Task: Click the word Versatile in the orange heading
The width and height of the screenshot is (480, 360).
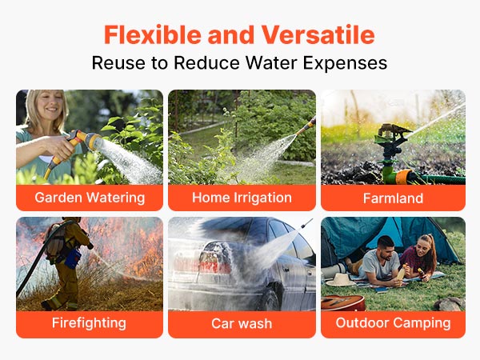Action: tap(318, 34)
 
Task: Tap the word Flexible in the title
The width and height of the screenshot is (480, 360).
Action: tap(152, 34)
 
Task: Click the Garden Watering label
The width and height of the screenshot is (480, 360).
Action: tap(90, 198)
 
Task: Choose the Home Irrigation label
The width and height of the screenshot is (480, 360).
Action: tap(242, 198)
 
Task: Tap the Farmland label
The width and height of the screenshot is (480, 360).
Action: tap(393, 198)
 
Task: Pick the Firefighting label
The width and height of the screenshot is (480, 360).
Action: tap(89, 323)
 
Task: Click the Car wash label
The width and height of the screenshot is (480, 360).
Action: tap(242, 323)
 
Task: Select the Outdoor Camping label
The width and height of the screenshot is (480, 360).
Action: tap(393, 323)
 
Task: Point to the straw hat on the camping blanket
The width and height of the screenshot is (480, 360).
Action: tap(340, 279)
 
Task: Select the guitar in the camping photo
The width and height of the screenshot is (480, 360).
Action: tap(343, 302)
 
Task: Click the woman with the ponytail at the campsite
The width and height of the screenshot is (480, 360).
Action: tap(420, 257)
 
